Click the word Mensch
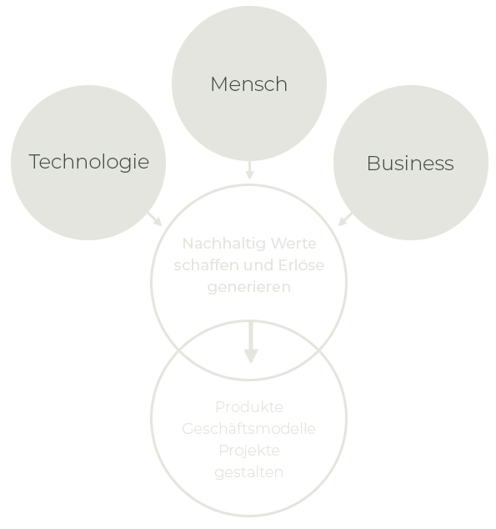249,84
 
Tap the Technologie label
89,162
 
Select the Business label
410,164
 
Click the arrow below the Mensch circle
249,169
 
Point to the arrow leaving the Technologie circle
155,219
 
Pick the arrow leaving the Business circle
345,219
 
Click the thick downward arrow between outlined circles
251,342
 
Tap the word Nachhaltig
223,244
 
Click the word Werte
293,244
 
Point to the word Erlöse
301,265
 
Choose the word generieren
249,287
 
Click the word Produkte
249,407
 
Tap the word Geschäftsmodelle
248,429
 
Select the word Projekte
249,451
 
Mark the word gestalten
249,472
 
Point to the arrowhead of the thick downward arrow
251,356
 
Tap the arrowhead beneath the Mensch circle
249,174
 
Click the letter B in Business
373,164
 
